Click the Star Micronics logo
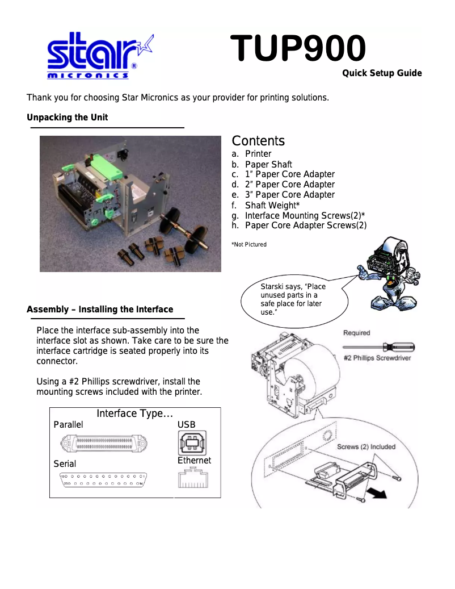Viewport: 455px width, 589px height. (99, 55)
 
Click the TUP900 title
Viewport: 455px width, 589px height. (297, 49)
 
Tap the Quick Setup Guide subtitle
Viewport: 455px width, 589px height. (382, 73)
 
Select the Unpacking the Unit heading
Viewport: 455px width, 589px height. (67, 118)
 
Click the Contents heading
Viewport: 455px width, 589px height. (258, 141)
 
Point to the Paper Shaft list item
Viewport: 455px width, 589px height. (268, 164)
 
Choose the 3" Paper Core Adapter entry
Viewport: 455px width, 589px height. (289, 195)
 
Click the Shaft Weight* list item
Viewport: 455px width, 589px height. (272, 205)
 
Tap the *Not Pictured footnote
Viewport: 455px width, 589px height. (248, 245)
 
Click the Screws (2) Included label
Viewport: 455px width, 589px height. (366, 447)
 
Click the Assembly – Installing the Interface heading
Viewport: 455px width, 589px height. (100, 310)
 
